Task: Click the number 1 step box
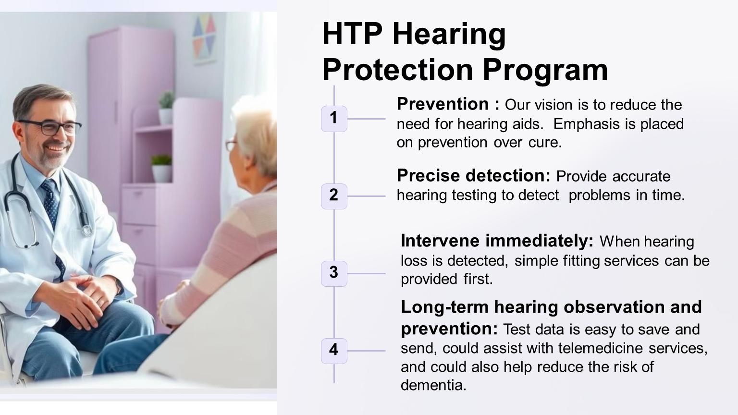[x=334, y=119]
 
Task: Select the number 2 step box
[x=334, y=196]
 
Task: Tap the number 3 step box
[x=334, y=273]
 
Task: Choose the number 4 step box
[x=334, y=351]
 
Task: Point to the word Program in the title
[x=545, y=71]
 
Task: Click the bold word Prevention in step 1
[x=443, y=104]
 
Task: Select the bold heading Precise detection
[x=473, y=175]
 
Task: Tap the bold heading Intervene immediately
[x=497, y=241]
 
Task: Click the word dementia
[x=433, y=385]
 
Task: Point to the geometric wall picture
[x=204, y=38]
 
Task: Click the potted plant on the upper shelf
[x=166, y=108]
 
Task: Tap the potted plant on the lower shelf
[x=161, y=168]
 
